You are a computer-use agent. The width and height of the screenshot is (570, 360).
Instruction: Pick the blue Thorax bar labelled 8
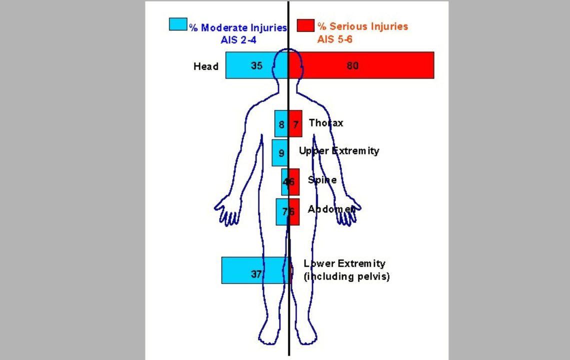click(281, 123)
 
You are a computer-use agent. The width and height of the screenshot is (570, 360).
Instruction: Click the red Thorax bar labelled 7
click(295, 123)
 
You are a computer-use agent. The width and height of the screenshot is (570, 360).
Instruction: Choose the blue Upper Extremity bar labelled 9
click(280, 152)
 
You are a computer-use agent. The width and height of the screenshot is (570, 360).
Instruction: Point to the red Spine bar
click(294, 181)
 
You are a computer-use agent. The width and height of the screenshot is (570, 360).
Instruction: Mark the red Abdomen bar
click(294, 211)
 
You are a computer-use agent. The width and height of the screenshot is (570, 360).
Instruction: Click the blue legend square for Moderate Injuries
click(178, 24)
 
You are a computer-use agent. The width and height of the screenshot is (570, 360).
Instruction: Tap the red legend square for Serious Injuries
click(305, 25)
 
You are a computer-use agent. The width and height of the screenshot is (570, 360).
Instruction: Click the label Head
click(206, 66)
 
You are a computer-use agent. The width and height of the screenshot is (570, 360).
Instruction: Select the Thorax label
click(326, 123)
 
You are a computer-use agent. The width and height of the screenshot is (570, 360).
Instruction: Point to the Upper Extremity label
click(339, 151)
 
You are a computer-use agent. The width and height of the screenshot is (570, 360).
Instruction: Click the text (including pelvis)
click(346, 276)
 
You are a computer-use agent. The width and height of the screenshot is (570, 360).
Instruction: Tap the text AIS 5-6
click(334, 39)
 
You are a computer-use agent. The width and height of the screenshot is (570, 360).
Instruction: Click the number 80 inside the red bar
click(352, 65)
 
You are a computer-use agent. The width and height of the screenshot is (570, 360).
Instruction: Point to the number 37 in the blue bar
click(256, 274)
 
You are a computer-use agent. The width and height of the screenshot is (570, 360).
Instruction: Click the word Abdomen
click(331, 209)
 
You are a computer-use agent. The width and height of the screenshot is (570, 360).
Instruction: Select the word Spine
click(322, 180)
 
